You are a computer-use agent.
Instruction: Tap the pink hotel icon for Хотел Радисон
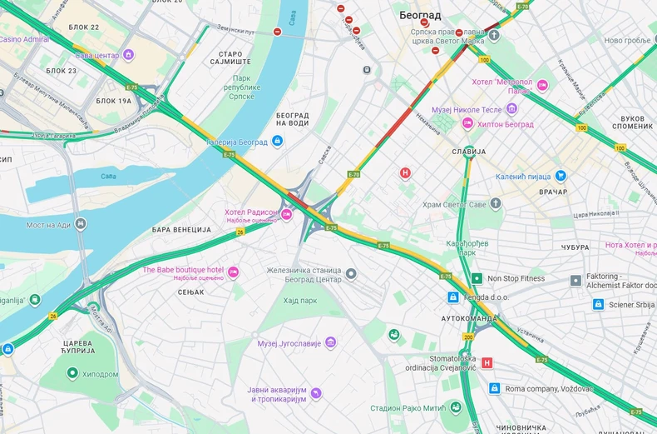[x=287, y=214]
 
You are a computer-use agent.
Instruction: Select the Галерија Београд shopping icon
[x=278, y=142]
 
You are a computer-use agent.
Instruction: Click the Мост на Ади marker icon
[x=81, y=224]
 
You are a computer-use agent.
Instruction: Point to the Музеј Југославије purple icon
[x=331, y=342]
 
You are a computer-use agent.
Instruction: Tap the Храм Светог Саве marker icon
[x=496, y=203]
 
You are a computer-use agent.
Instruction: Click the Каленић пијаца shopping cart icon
[x=561, y=176]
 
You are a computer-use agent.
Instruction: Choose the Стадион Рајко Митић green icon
[x=456, y=407]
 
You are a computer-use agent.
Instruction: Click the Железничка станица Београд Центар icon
[x=351, y=274]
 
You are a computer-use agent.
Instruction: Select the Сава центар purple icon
[x=128, y=55]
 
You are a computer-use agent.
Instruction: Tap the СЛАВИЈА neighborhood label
[x=468, y=152]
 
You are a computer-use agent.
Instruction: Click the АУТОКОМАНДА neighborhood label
[x=468, y=318]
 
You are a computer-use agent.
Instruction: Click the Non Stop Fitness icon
[x=477, y=278]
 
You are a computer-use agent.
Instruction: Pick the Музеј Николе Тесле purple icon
[x=511, y=108]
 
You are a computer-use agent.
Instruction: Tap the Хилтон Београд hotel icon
[x=467, y=123]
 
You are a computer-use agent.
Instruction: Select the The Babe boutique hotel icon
[x=233, y=272]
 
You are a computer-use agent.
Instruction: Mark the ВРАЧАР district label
[x=552, y=192]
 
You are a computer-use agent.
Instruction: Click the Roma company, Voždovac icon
[x=494, y=388]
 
